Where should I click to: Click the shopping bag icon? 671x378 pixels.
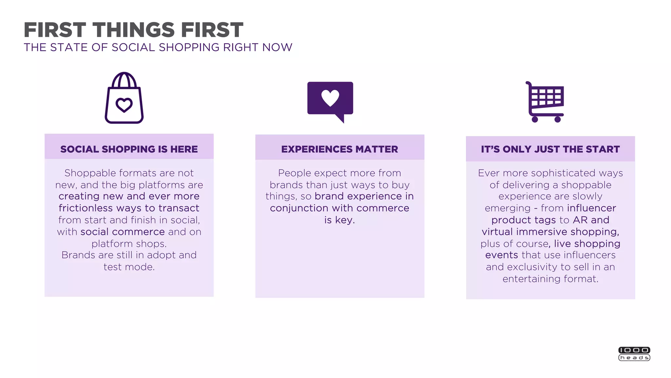tap(124, 98)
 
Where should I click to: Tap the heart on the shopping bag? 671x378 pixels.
tap(124, 105)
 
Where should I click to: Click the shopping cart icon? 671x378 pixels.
tap(546, 102)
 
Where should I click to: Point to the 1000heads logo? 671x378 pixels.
tap(634, 354)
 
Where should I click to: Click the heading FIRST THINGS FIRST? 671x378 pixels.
tap(133, 30)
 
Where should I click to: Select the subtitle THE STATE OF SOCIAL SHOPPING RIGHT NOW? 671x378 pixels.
tap(158, 48)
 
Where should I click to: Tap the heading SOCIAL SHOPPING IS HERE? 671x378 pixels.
tap(129, 149)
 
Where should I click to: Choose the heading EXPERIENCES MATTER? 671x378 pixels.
tap(339, 149)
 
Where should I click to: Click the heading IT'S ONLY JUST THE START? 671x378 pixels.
tap(550, 149)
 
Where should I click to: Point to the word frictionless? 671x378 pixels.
tap(86, 208)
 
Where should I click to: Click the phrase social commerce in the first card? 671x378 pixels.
tap(123, 232)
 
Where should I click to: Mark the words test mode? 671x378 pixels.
tap(129, 267)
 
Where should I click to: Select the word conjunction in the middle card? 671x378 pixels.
tap(299, 208)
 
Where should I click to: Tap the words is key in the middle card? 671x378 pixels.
tap(339, 220)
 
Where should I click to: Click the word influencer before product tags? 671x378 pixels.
tap(591, 208)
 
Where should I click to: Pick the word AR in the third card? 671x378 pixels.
tap(580, 220)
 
